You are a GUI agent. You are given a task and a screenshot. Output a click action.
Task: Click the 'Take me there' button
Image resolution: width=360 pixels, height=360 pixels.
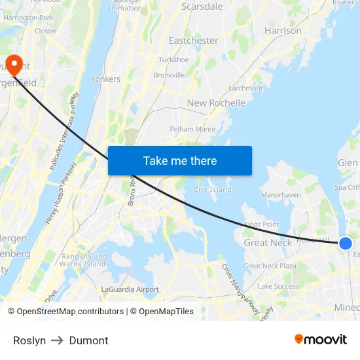(180, 160)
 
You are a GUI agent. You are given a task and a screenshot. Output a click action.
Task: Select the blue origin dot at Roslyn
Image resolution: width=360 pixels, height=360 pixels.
(346, 243)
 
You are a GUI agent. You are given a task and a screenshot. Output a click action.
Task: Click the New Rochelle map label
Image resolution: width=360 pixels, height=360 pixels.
(216, 103)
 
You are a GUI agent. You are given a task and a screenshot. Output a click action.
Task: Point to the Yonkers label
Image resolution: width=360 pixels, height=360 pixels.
(105, 79)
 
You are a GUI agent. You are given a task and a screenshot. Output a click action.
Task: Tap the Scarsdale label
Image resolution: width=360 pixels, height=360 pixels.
(202, 7)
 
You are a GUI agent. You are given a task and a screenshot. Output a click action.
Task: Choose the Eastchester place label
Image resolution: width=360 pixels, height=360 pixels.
(193, 41)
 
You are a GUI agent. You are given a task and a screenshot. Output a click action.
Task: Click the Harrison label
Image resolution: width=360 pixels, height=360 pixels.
(283, 31)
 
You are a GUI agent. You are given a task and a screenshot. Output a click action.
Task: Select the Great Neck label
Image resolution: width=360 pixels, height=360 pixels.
(268, 243)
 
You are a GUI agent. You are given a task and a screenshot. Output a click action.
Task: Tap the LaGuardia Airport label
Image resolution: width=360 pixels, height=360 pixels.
(130, 289)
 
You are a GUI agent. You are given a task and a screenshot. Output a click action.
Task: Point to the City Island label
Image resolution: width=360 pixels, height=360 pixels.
(212, 190)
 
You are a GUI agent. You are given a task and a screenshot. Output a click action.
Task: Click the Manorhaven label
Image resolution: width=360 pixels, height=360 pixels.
(281, 195)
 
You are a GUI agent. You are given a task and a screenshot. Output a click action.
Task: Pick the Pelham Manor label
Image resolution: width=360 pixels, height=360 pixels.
(192, 130)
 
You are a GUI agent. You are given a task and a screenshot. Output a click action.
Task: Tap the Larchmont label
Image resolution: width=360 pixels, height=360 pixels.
(245, 88)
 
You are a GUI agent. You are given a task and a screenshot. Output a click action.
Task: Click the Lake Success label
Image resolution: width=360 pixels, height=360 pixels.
(278, 286)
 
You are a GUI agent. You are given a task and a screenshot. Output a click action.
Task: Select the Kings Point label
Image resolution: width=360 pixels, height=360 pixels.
(261, 225)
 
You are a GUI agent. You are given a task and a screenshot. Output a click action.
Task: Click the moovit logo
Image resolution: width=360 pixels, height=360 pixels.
(320, 339)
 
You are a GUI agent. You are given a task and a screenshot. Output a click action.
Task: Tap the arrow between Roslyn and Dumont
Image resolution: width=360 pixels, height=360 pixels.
(58, 340)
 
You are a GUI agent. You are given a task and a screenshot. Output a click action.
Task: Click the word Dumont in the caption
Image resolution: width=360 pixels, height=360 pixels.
(88, 340)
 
